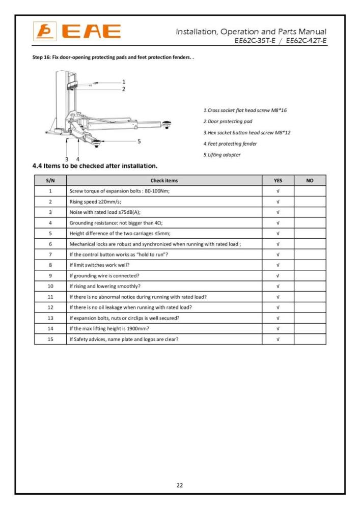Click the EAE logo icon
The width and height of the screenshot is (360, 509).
[41, 32]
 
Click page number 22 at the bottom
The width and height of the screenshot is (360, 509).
[179, 485]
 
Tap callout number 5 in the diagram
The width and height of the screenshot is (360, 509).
[139, 141]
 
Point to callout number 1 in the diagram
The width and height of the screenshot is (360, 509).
[123, 81]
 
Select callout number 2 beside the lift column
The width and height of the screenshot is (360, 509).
[123, 89]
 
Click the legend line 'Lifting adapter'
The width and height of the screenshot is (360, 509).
[222, 155]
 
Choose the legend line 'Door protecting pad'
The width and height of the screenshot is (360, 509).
[228, 121]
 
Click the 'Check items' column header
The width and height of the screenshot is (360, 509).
[164, 180]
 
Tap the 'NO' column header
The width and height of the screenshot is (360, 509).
[310, 180]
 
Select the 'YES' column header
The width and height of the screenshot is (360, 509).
[278, 180]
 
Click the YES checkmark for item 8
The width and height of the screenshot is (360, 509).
[278, 265]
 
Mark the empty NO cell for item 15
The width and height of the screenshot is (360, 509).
[310, 339]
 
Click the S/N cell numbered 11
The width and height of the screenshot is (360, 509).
[50, 297]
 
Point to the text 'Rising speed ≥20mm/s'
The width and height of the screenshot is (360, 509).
[95, 202]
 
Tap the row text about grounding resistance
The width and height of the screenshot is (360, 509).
[116, 223]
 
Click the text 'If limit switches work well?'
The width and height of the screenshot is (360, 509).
[99, 265]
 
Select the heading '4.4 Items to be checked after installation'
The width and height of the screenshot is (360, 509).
[95, 166]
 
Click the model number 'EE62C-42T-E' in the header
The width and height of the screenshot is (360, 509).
[306, 41]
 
